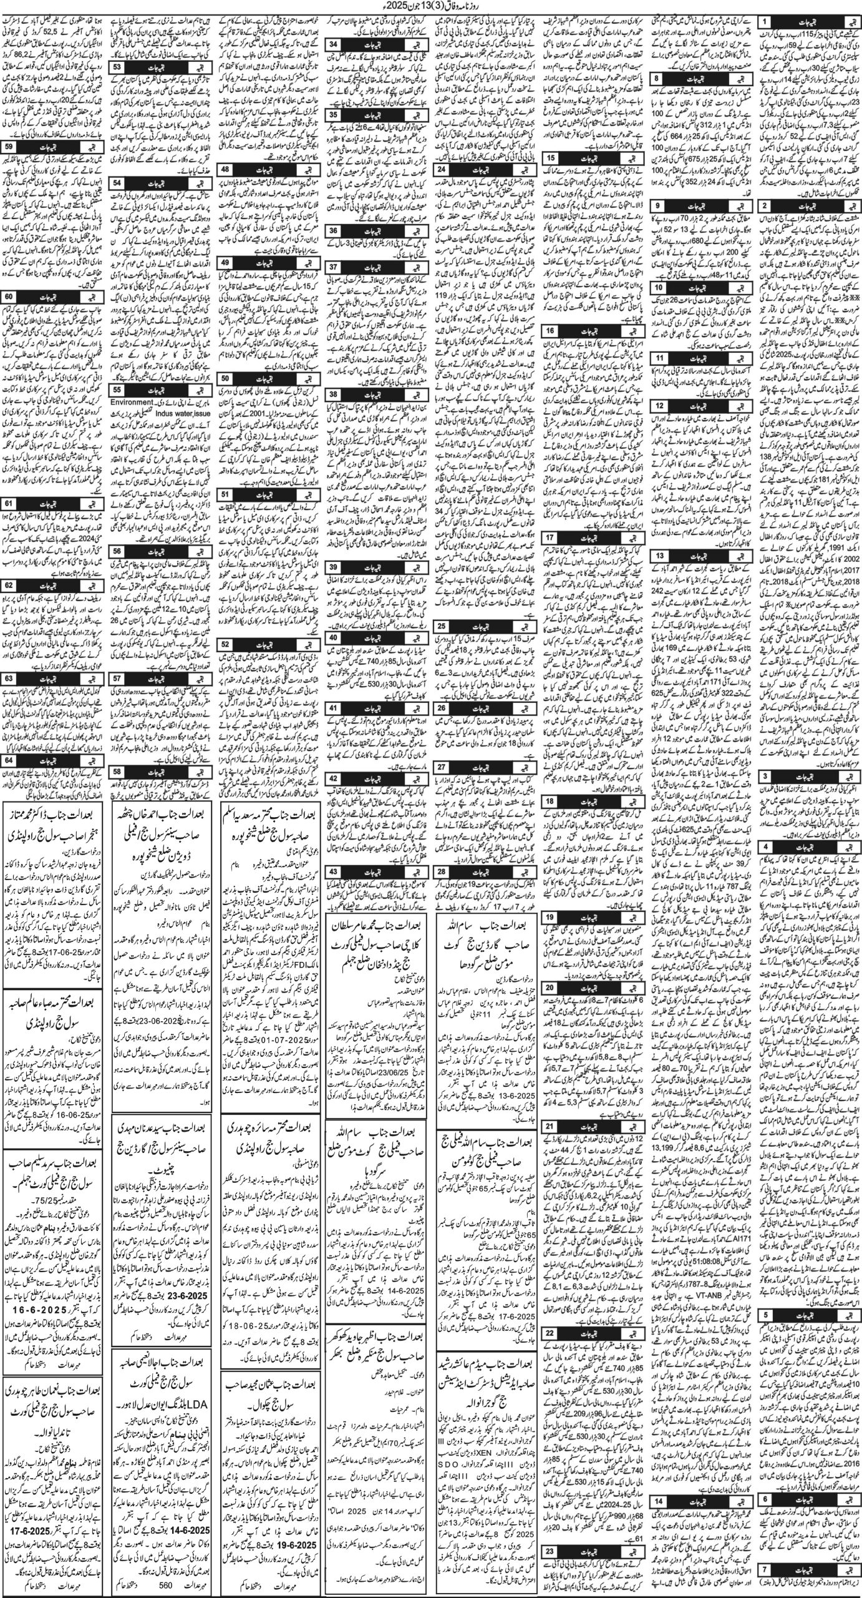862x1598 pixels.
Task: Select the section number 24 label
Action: (443, 170)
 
